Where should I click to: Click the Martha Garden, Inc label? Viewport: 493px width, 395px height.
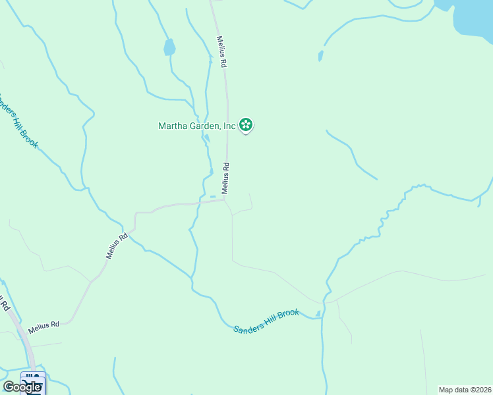pos(197,125)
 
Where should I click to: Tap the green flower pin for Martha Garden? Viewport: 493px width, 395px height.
pos(246,124)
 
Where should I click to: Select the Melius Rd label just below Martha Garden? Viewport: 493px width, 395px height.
pos(225,178)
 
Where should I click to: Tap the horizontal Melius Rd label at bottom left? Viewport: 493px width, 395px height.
pos(43,325)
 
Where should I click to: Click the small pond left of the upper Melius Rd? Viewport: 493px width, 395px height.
pos(169,47)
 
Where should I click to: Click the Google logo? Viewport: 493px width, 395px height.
pos(21,387)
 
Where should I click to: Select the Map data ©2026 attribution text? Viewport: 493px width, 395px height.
pos(464,390)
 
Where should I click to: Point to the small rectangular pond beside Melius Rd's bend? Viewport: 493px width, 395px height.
pos(213,196)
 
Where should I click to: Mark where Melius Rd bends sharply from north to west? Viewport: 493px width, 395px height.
pos(226,200)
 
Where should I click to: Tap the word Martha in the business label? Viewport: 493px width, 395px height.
pos(173,125)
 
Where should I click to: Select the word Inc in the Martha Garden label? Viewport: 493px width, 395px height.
pos(229,125)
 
